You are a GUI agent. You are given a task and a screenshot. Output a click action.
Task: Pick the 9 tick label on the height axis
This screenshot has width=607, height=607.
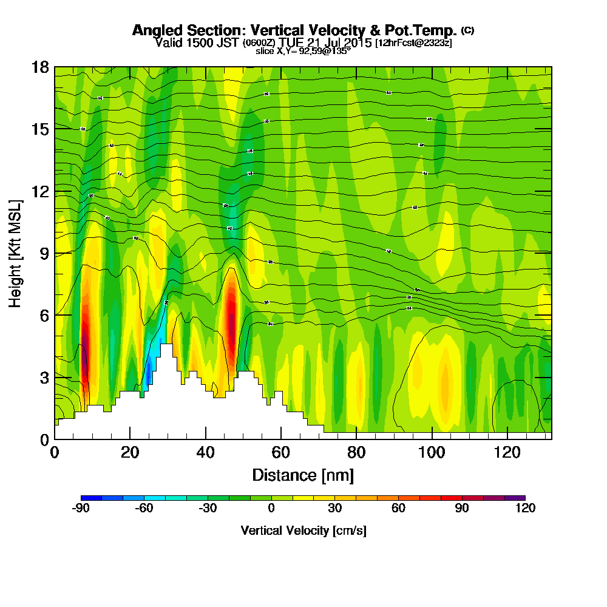(x=44, y=253)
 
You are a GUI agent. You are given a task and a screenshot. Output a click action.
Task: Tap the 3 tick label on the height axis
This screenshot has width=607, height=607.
(x=44, y=377)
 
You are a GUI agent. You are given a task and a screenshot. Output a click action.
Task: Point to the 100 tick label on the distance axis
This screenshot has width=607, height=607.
(x=431, y=452)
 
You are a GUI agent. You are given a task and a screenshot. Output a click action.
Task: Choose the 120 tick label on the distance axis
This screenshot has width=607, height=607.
(x=506, y=452)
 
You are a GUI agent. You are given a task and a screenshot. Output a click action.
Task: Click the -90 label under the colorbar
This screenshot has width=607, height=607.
(x=81, y=509)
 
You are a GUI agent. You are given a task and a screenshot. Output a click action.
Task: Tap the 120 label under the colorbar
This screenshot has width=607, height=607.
(x=525, y=509)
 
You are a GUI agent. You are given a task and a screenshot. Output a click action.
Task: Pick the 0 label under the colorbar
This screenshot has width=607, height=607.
(x=271, y=509)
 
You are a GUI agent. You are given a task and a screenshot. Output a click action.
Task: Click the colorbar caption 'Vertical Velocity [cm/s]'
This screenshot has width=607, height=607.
(x=303, y=531)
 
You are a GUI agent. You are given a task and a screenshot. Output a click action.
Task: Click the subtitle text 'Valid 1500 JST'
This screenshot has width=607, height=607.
(x=198, y=42)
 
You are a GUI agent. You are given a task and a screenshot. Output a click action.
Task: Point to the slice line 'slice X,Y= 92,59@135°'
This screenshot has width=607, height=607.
(x=303, y=52)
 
